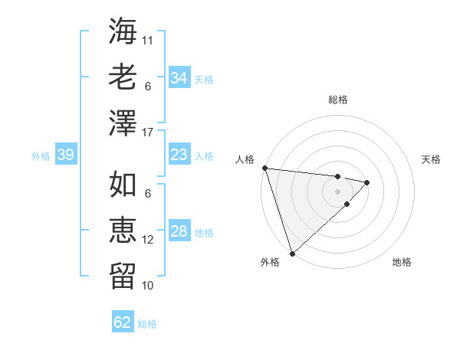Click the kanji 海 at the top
(123, 31)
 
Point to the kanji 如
(123, 185)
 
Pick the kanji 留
(123, 275)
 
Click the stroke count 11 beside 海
(148, 40)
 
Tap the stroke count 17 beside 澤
(148, 133)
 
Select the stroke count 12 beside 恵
(148, 240)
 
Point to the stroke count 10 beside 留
(148, 286)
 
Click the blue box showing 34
(179, 78)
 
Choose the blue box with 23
(179, 155)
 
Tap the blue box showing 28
(179, 232)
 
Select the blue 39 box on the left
(65, 155)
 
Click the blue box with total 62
(123, 322)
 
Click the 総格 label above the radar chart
(337, 100)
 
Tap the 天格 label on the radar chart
(432, 159)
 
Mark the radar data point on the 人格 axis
(264, 168)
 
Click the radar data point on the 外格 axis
(292, 253)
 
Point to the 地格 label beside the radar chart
(402, 262)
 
